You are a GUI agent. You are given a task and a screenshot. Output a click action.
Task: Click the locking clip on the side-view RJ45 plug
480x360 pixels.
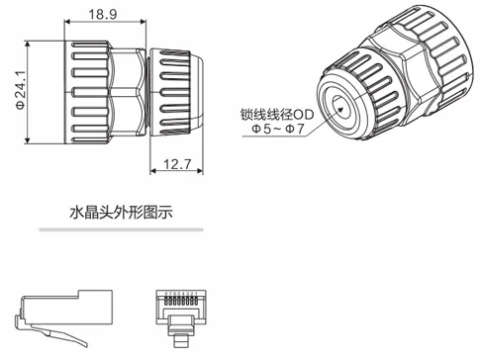(23, 323)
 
